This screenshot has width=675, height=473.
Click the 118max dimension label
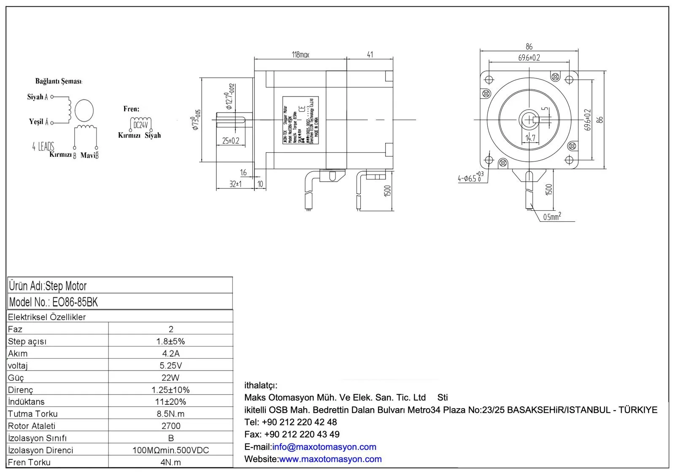[x=300, y=55]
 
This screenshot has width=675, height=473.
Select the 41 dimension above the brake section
[x=370, y=55]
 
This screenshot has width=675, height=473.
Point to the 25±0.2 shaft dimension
[x=231, y=141]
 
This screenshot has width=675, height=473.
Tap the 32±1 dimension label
[x=235, y=184]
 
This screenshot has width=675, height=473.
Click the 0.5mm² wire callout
[x=552, y=217]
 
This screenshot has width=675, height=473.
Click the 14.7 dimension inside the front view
[x=530, y=138]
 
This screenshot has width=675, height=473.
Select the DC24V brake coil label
[x=140, y=125]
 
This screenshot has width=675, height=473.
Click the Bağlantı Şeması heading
[x=59, y=81]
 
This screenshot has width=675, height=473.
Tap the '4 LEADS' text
[x=43, y=146]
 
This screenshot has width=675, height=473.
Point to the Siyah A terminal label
[x=38, y=97]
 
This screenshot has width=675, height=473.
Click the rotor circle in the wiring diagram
[x=84, y=111]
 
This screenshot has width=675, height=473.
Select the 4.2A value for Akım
[x=171, y=353]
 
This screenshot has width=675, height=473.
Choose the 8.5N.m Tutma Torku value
[x=171, y=414]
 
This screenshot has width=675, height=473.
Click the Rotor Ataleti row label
[x=32, y=426]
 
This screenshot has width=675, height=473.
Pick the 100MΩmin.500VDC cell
[x=171, y=450]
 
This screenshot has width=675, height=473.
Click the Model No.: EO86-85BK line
[x=54, y=302]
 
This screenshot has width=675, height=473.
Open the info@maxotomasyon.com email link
[x=324, y=447]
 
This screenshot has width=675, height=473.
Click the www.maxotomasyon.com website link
[x=330, y=459]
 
